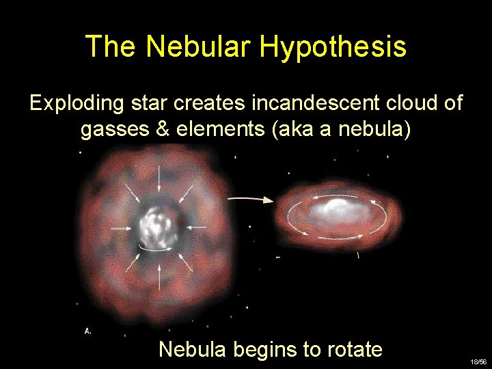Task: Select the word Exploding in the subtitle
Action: (75, 104)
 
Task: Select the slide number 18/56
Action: (478, 360)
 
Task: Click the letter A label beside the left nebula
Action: (87, 331)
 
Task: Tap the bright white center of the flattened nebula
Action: (336, 206)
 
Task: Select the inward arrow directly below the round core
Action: (159, 273)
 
